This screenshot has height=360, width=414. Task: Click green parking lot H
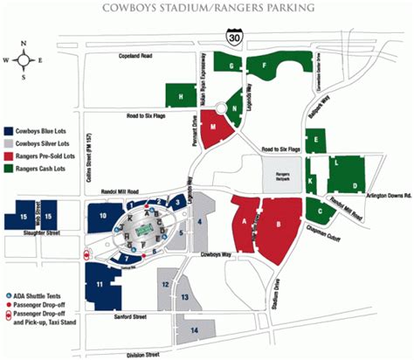(x=181, y=96)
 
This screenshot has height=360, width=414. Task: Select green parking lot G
(x=231, y=66)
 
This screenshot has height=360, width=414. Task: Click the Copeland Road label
(x=141, y=55)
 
